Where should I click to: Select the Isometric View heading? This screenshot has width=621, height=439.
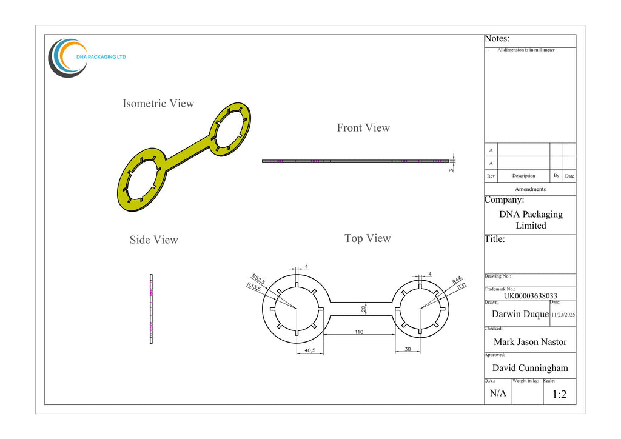158,104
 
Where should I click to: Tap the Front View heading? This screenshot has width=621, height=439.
363,128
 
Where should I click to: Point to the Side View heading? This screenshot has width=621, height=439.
153,240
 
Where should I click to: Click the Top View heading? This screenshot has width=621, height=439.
368,238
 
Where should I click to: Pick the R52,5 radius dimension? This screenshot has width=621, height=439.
258,279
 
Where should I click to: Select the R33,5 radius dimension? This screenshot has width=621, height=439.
253,287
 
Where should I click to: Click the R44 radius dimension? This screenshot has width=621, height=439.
457,280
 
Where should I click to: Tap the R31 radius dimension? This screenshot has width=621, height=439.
462,286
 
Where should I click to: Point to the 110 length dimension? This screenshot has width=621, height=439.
359,332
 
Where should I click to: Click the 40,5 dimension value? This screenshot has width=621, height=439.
310,350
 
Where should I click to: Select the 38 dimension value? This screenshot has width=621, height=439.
408,349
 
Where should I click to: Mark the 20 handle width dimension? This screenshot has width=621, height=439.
364,309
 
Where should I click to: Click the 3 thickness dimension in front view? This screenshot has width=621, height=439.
451,170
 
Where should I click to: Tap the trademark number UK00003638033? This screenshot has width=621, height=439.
530,296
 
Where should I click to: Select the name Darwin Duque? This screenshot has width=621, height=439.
520,314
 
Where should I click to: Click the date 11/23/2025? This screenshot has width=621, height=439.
563,315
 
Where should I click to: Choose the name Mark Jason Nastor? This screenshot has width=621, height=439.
530,342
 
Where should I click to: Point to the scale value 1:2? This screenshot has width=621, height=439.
559,394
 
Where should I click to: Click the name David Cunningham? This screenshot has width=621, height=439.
530,368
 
